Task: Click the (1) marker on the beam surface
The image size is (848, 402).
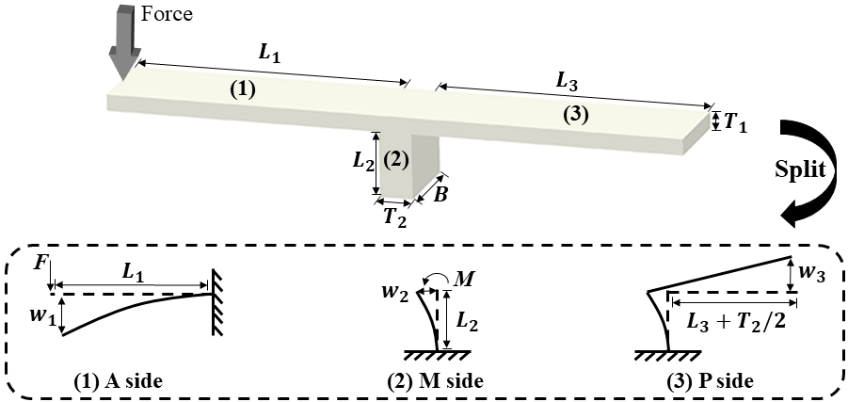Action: click(243, 91)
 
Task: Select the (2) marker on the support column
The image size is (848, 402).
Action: click(397, 159)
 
